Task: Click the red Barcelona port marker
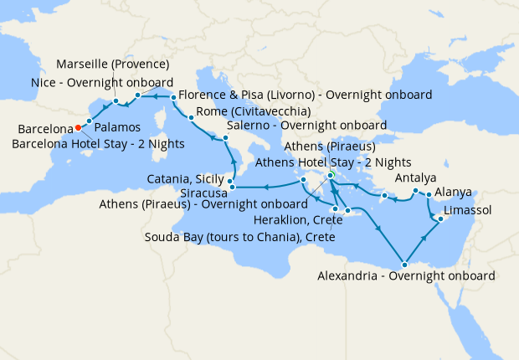(x=77, y=128)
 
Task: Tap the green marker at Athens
(x=331, y=175)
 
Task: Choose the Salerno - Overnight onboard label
(x=306, y=126)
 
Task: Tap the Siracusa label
(x=198, y=192)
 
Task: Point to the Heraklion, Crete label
(x=295, y=219)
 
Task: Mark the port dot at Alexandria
(x=405, y=262)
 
